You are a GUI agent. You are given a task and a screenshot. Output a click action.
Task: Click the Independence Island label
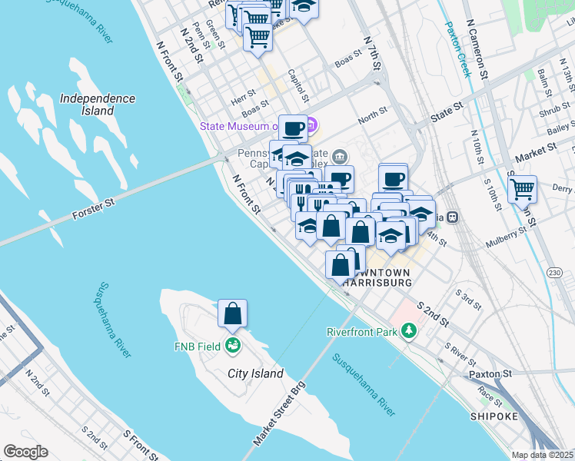tap(98, 104)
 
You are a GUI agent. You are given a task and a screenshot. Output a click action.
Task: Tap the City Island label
tap(256, 373)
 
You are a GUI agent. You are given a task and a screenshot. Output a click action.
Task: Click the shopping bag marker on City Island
tap(233, 314)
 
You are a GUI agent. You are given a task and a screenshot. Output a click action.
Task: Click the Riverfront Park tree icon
tap(410, 331)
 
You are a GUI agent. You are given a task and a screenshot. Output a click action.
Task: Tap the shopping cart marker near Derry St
tap(523, 188)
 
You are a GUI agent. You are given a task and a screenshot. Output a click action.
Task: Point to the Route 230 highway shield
tap(554, 273)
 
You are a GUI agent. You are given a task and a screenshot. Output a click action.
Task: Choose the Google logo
tap(25, 452)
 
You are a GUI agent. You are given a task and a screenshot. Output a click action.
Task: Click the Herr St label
tap(244, 99)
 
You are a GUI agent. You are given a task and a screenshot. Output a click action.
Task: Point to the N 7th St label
tap(373, 53)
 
